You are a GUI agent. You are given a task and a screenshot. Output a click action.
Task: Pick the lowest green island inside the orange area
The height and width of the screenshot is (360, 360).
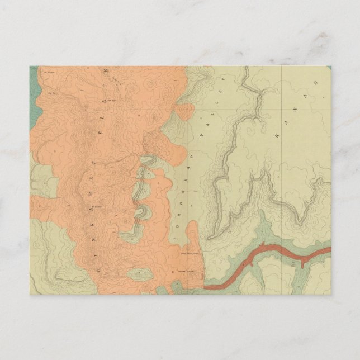pyautogui.click(x=139, y=274)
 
